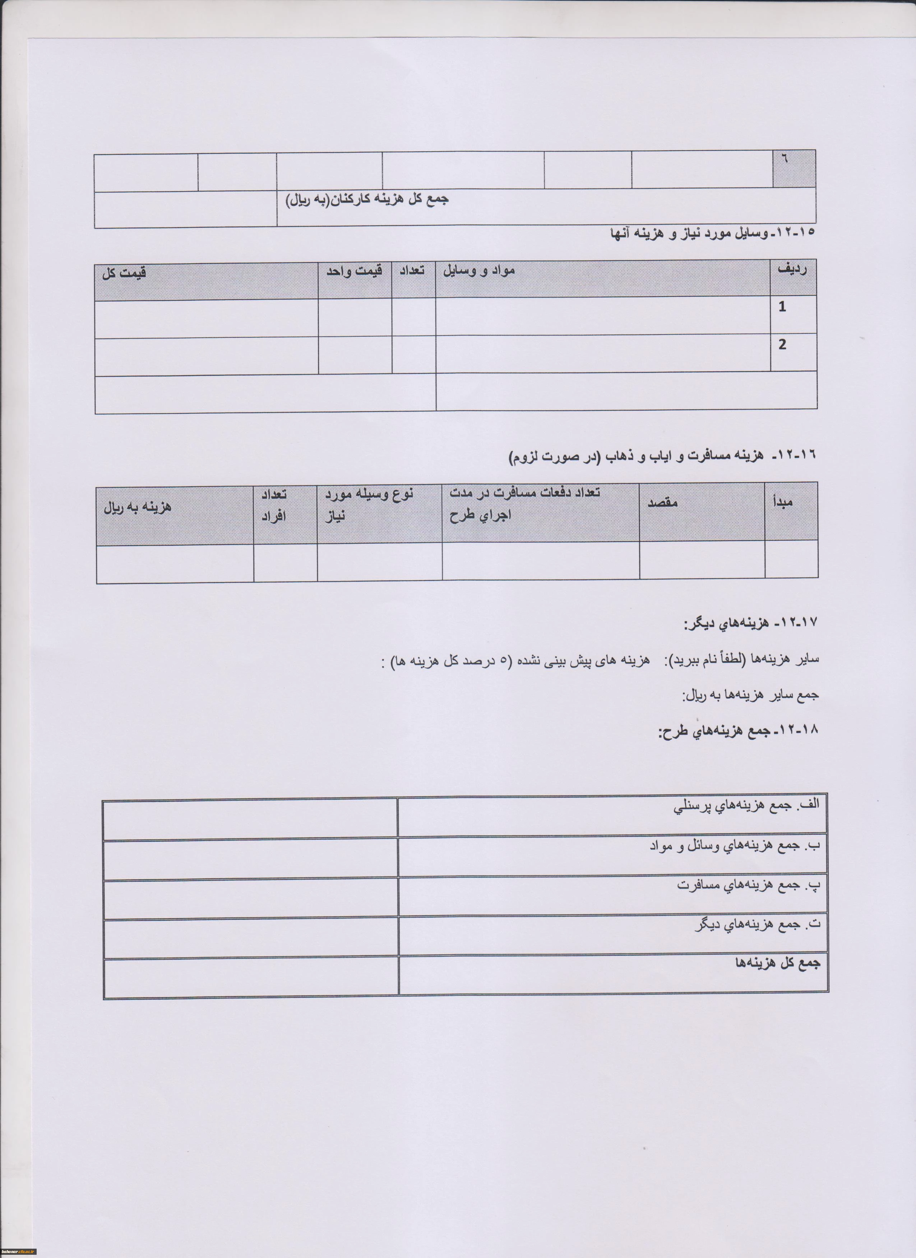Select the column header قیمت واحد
pyautogui.click(x=354, y=272)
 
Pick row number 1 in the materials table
pyautogui.click(x=782, y=307)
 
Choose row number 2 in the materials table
pyautogui.click(x=782, y=345)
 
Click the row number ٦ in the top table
pyautogui.click(x=785, y=158)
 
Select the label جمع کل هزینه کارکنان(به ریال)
pyautogui.click(x=367, y=200)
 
